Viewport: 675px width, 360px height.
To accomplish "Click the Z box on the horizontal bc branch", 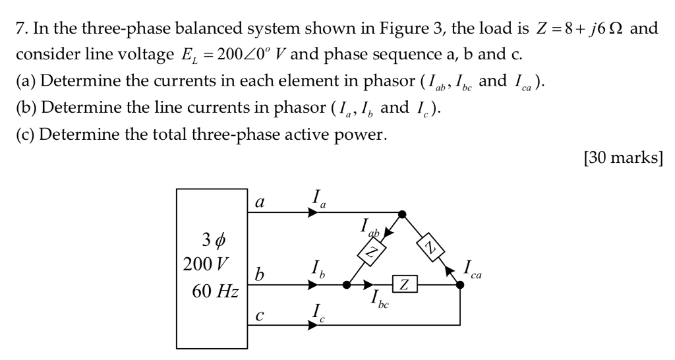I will click(404, 285).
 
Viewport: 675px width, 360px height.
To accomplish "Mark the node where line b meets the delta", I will click(347, 285).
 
